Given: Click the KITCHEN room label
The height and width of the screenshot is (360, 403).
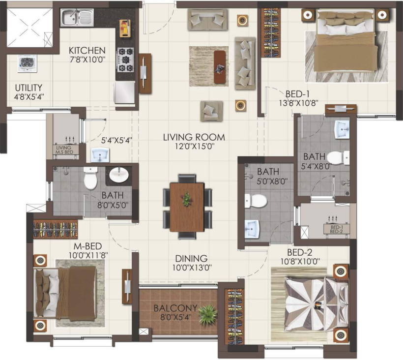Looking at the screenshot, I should coord(87,51).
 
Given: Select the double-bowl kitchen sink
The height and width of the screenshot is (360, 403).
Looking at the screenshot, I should coord(77,18).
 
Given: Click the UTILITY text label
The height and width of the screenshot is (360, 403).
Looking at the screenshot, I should coord(29,88).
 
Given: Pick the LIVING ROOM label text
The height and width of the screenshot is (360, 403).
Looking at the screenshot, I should coord(194,137).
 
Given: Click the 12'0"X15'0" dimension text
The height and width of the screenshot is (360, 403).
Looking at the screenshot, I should coord(194,146).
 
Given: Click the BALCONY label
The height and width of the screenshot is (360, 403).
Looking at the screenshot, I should coord(175,308).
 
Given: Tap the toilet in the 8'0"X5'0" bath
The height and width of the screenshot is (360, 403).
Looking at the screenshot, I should coord(90,179).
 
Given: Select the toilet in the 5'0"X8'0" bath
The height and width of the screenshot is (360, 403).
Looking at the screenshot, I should coord(255,201).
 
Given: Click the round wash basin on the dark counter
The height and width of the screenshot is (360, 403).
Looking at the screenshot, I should coord(117,175).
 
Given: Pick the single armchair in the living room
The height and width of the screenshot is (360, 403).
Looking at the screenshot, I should coord(211,111).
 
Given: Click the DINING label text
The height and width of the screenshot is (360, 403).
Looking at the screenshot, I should coord(192,259).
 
